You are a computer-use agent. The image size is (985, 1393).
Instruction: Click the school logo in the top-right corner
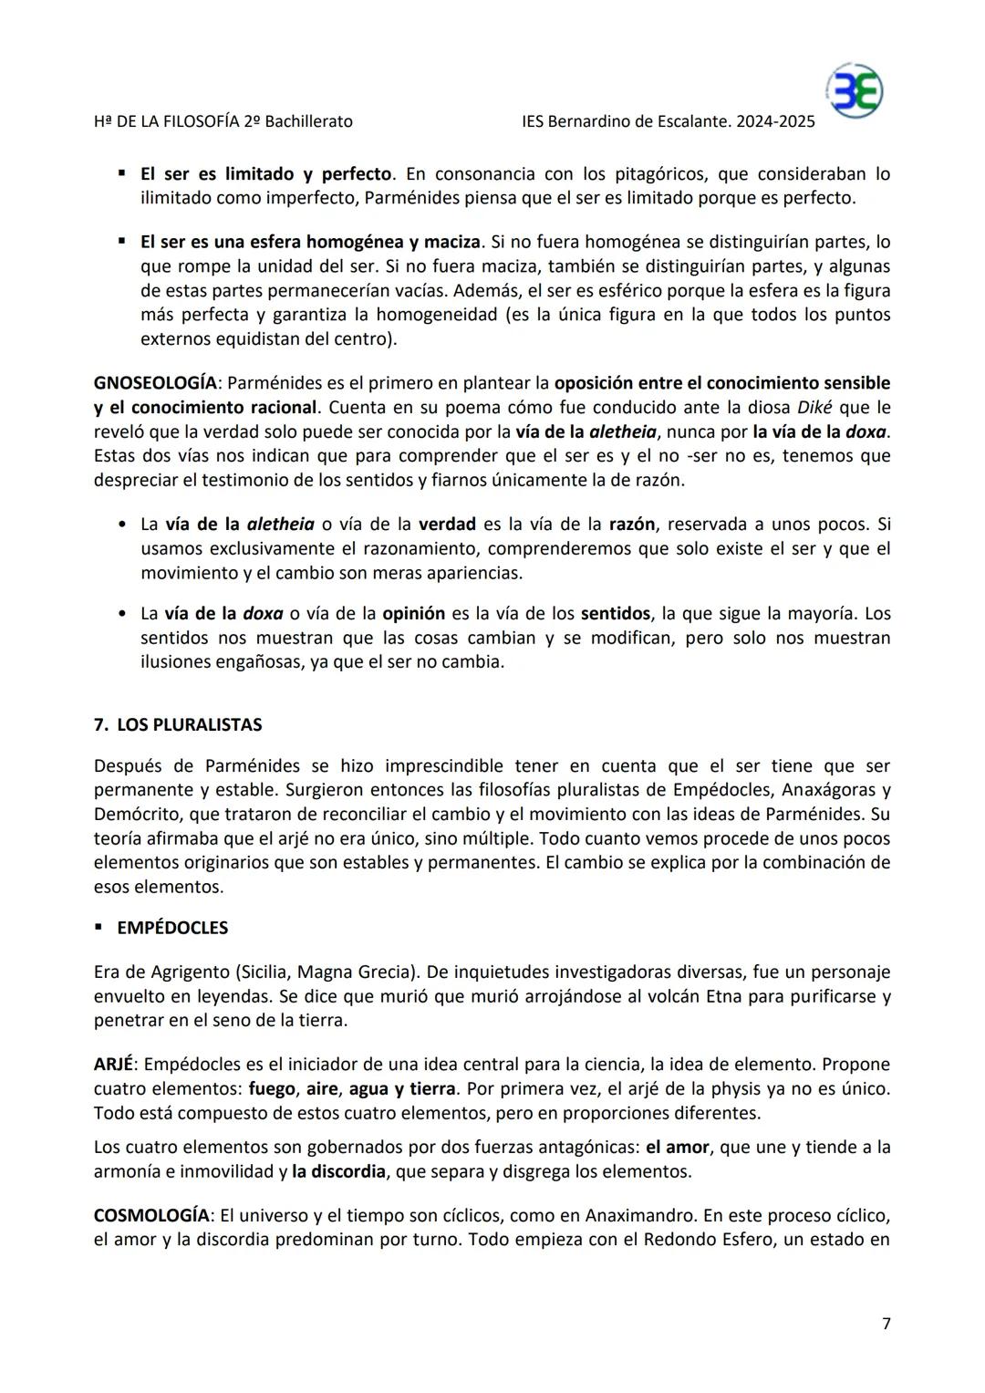tap(855, 91)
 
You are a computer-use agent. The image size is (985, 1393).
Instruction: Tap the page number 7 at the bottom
tap(886, 1324)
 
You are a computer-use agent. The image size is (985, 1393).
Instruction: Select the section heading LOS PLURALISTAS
tap(189, 725)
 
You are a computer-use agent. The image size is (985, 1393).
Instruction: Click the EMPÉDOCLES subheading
tap(172, 928)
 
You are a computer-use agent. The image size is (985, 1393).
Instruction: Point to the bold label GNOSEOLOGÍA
tap(155, 383)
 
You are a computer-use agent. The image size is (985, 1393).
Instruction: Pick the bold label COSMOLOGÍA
tap(151, 1216)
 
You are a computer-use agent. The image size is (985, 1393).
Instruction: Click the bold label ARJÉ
tap(113, 1065)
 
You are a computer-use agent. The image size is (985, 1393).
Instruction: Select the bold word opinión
tap(413, 614)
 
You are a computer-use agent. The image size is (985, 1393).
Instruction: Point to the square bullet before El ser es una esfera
tap(121, 242)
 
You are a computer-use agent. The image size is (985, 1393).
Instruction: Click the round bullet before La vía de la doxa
tap(122, 614)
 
